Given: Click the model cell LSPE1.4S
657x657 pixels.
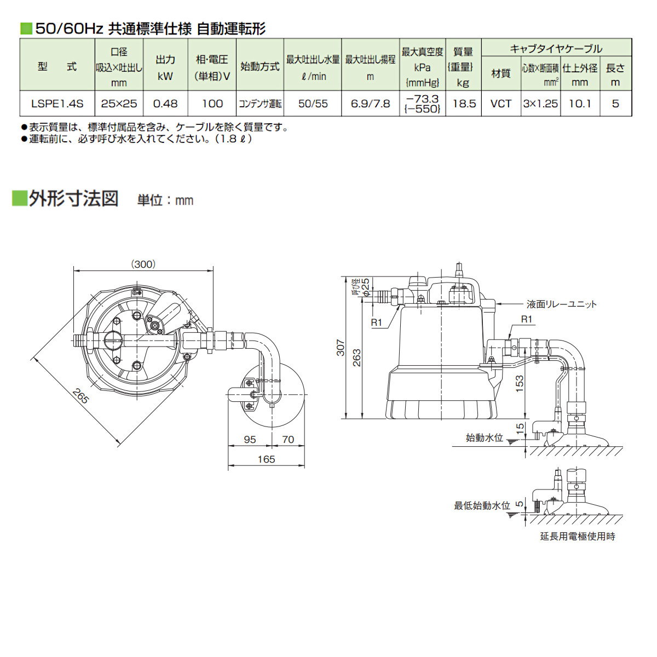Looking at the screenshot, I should tap(57, 103).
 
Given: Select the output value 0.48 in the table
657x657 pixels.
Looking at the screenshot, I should tap(165, 103).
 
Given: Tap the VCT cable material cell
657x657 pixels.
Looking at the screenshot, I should tap(500, 103).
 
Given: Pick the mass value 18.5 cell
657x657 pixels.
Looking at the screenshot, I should tap(464, 103).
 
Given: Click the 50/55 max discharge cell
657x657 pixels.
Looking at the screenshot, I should tap(313, 103).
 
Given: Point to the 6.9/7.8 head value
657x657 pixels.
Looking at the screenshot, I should tap(371, 103).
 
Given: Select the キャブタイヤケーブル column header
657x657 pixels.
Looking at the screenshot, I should tap(556, 49).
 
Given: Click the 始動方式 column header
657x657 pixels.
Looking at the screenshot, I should tap(260, 66).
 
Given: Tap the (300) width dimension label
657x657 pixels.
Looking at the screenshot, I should tap(143, 264).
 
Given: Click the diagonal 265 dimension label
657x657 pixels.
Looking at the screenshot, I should tap(80, 396).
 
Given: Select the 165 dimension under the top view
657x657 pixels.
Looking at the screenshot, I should tap(266, 459).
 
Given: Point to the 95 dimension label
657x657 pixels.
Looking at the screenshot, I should tap(250, 440).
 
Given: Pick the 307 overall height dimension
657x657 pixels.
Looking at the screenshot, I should tap(341, 348).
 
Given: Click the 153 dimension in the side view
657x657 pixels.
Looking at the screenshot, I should tap(520, 382).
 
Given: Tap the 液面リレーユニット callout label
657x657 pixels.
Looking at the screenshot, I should tap(561, 304).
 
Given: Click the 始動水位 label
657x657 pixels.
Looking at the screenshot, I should tap(484, 438).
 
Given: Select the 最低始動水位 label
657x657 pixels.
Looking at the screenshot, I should tap(482, 506).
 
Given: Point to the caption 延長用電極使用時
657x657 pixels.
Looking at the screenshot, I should tap(578, 537).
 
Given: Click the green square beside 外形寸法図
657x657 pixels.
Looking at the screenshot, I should tap(20, 198).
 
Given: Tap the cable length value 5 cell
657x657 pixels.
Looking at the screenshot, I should tap(615, 103).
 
